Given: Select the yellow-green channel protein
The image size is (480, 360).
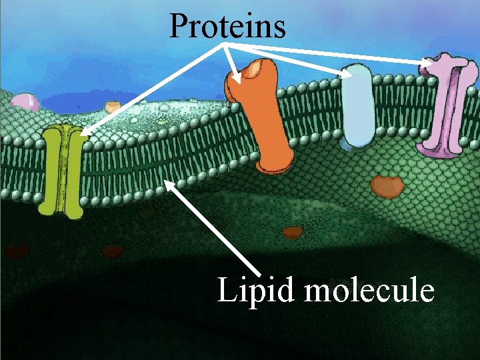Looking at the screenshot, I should pos(61,172).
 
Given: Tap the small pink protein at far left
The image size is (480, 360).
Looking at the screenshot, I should pos(25,101).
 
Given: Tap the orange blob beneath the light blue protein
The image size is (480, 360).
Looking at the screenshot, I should pos(387,186).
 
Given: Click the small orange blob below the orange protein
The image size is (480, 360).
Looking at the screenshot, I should pos(292,232).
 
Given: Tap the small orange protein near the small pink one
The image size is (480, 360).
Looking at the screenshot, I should pos(113,106).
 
